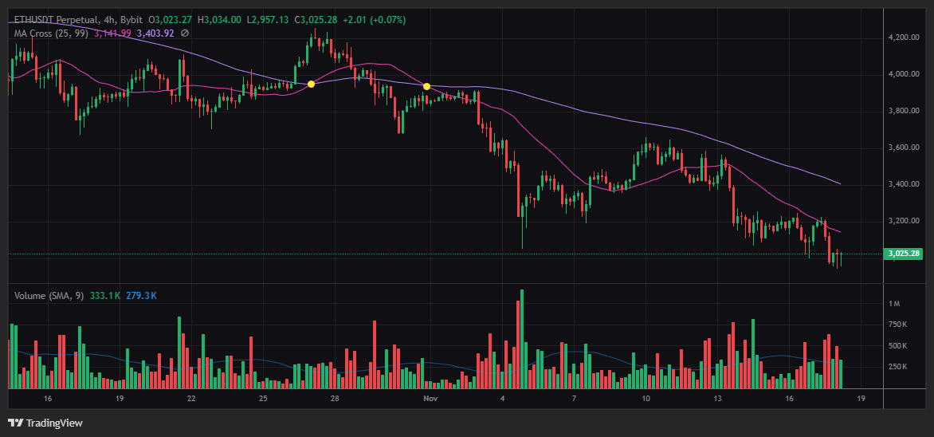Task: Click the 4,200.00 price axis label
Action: click(x=903, y=37)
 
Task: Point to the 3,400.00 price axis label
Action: click(x=903, y=184)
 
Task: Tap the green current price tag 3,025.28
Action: click(x=904, y=254)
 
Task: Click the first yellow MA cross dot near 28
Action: click(x=311, y=84)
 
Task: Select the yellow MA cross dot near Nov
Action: click(x=427, y=86)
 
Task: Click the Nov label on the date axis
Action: click(x=430, y=397)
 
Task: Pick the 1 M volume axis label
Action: click(x=895, y=304)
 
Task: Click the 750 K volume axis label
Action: click(x=898, y=325)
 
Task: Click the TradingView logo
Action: click(x=45, y=423)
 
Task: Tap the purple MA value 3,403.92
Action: click(x=155, y=33)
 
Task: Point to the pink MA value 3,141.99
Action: click(x=112, y=33)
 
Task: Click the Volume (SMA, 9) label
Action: click(x=49, y=296)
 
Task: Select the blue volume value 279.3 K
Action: click(x=141, y=296)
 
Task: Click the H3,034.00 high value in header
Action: click(x=219, y=19)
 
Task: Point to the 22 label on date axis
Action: click(x=191, y=397)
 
